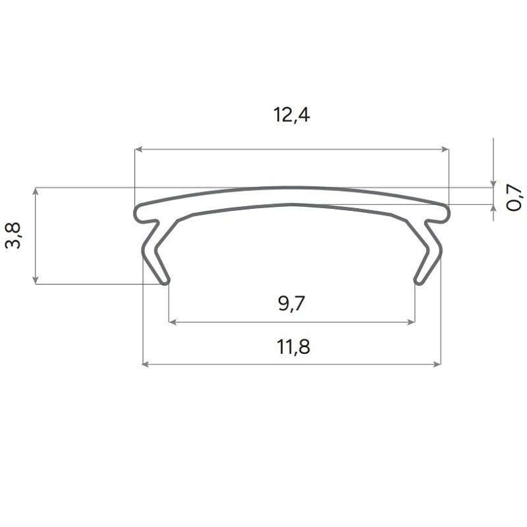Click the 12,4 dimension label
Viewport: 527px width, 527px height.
pos(291,116)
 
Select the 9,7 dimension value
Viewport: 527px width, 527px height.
pos(291,304)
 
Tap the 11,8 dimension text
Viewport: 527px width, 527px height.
pos(292,347)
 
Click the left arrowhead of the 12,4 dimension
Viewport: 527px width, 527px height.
pos(138,150)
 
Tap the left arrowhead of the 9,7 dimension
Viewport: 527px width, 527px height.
pos(173,322)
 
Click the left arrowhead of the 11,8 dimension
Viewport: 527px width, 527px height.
pos(146,363)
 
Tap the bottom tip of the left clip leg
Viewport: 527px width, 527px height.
pos(165,281)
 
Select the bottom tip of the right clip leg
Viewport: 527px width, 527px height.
pos(418,281)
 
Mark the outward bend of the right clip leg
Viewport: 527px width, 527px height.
pos(439,250)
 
